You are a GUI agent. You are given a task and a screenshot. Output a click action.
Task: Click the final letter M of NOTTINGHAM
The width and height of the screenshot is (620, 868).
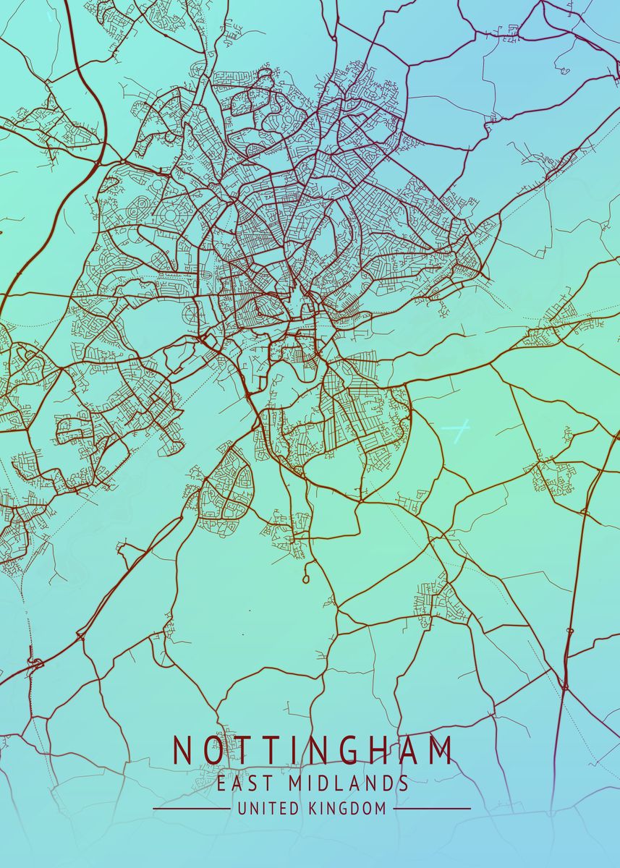coord(439,751)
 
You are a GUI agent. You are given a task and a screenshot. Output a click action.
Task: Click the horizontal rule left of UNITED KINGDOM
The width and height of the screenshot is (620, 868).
coord(191,809)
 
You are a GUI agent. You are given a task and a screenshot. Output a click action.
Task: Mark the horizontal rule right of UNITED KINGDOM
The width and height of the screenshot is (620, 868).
coord(432,809)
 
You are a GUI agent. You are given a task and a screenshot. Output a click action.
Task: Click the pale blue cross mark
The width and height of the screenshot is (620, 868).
coord(455,431)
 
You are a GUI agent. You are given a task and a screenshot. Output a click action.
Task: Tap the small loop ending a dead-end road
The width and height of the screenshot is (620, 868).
coord(306,579)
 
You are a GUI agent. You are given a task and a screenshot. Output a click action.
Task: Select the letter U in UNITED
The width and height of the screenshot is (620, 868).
coord(241,809)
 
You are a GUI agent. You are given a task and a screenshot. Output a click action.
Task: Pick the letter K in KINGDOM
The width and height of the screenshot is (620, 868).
coord(312,809)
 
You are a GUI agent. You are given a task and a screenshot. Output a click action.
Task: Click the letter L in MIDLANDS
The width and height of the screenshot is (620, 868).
coord(334,783)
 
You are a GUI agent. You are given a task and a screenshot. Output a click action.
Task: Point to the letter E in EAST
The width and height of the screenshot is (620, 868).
coord(221,783)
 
